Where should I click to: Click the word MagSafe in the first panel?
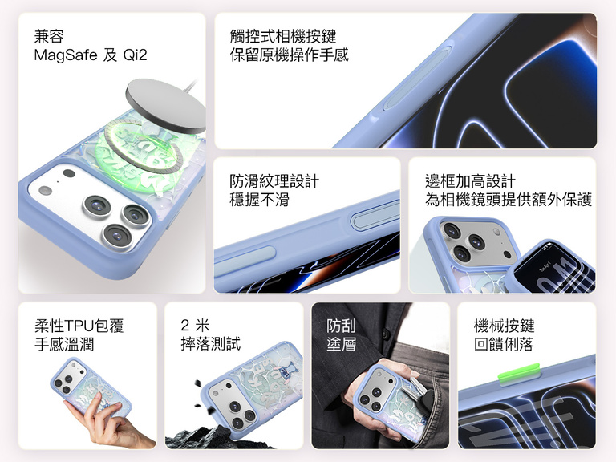pyautogui.click(x=66, y=55)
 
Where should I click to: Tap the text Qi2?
pyautogui.click(x=135, y=55)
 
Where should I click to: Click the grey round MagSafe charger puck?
pyautogui.click(x=165, y=105)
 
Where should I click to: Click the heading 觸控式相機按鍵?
pyautogui.click(x=283, y=36)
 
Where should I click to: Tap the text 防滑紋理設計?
pyautogui.click(x=274, y=181)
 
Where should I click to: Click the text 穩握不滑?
pyautogui.click(x=259, y=200)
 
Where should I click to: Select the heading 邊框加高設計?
pyautogui.click(x=470, y=181)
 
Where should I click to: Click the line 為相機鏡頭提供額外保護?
pyautogui.click(x=509, y=200)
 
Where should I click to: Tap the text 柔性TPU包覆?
pyautogui.click(x=79, y=326)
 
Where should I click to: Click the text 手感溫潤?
pyautogui.click(x=64, y=345)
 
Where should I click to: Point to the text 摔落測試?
pyautogui.click(x=211, y=344)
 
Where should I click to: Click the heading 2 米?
pyautogui.click(x=195, y=326)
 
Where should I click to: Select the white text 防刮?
pyautogui.click(x=341, y=326)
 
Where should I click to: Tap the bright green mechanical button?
pyautogui.click(x=520, y=372)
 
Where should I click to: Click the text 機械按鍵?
pyautogui.click(x=504, y=326)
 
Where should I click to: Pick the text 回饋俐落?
pyautogui.click(x=504, y=345)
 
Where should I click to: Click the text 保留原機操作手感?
pyautogui.click(x=289, y=55)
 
